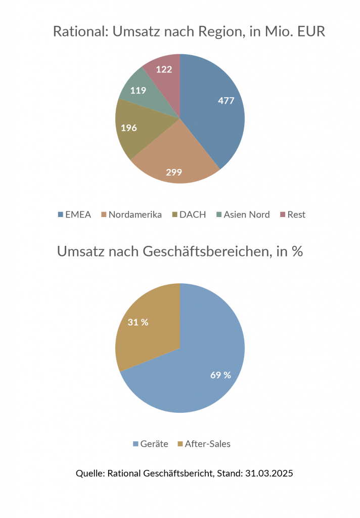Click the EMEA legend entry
(74, 214)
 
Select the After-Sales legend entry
(203, 444)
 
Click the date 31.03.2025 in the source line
(269, 474)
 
